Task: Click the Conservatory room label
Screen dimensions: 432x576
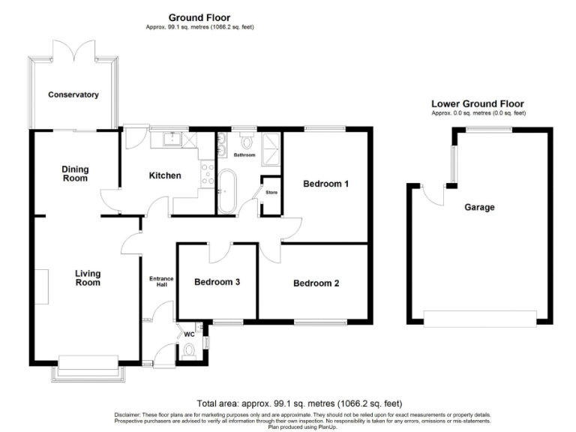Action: (x=73, y=95)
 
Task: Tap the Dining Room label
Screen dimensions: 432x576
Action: (x=74, y=173)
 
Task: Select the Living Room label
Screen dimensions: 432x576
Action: (x=88, y=278)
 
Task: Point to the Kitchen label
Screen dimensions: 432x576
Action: (x=164, y=175)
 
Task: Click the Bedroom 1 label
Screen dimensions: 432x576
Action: (x=325, y=184)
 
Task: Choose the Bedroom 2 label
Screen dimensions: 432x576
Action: (x=316, y=283)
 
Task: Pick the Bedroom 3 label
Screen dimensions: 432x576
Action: (x=217, y=283)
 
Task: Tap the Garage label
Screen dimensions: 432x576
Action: (x=479, y=207)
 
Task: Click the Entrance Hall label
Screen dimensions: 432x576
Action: (x=160, y=282)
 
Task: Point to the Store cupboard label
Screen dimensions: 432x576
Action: (x=271, y=192)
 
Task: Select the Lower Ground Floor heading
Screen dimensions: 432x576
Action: (x=478, y=104)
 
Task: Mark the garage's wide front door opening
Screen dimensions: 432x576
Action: (x=480, y=318)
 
